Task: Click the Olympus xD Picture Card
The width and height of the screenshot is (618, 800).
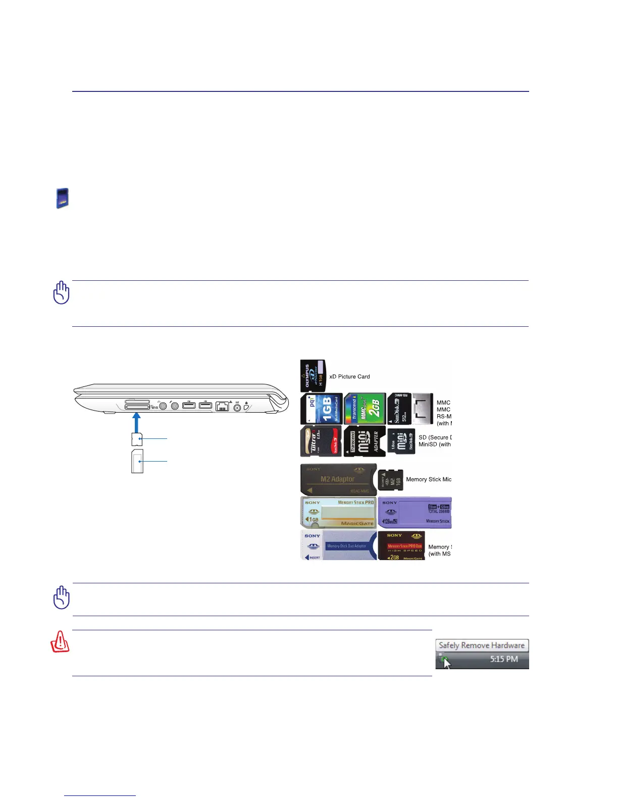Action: (313, 376)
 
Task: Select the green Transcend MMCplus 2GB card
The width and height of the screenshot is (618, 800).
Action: (364, 409)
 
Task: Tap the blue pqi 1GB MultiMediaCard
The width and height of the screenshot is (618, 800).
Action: (322, 409)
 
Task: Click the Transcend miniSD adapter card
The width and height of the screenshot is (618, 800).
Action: (364, 441)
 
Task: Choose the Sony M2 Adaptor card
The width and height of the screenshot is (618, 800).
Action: (338, 479)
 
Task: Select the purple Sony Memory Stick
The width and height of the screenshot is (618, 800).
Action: (415, 512)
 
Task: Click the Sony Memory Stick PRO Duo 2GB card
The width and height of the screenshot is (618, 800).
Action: (401, 545)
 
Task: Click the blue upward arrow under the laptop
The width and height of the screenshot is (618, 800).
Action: (136, 423)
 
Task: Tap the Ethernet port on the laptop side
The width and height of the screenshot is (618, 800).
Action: (222, 406)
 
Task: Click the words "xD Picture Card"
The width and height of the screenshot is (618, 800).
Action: (349, 377)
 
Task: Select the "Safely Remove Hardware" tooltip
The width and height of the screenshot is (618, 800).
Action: (482, 645)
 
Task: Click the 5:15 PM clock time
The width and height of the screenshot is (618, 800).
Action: (504, 659)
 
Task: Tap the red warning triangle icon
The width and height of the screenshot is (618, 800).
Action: (60, 642)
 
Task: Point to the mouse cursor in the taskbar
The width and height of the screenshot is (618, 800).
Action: (446, 662)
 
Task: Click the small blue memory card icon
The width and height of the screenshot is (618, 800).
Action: (62, 198)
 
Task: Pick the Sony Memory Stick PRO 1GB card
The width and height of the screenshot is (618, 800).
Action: (338, 512)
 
